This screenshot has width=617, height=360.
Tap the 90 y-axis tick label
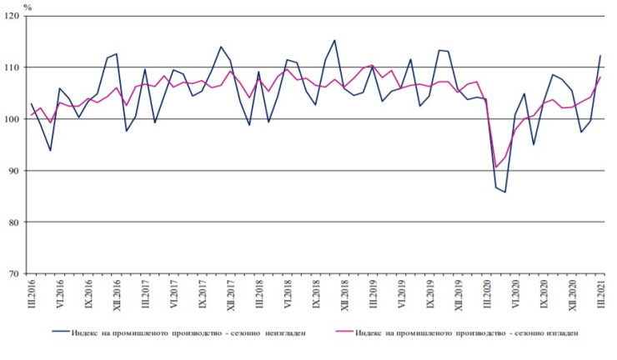[x=16, y=170]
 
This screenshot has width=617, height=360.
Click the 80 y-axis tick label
[x=16, y=222]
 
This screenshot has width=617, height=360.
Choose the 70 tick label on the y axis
[x=16, y=273]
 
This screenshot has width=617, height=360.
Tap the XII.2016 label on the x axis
[x=117, y=295]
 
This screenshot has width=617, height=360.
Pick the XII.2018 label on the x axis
[x=344, y=295]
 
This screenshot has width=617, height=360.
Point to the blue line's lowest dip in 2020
[x=505, y=192]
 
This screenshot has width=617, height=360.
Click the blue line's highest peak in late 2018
[x=334, y=40]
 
